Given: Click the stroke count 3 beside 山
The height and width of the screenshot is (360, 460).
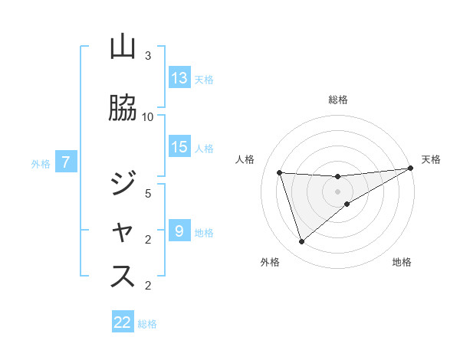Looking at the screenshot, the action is [x=148, y=56].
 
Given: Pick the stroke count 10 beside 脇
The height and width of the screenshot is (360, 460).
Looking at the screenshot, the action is [x=148, y=116].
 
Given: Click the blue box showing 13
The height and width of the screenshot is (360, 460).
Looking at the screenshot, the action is [x=179, y=78].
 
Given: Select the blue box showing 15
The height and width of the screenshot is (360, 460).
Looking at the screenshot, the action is [x=179, y=147].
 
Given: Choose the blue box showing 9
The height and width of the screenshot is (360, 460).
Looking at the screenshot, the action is [x=179, y=231].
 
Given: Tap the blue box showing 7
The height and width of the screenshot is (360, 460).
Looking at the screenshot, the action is [x=66, y=162].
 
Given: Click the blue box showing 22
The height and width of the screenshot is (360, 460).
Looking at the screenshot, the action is [x=123, y=322].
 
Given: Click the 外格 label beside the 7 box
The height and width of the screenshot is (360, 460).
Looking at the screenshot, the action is [x=41, y=163].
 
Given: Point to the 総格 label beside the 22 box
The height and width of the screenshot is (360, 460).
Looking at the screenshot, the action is [x=147, y=323].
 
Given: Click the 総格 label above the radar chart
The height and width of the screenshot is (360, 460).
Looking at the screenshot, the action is [x=338, y=100].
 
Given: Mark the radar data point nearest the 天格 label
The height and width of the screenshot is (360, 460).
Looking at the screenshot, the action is [x=411, y=169].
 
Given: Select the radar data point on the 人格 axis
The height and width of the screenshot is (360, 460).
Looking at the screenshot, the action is [x=280, y=172].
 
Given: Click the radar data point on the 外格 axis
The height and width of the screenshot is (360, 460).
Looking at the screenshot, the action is [x=301, y=242].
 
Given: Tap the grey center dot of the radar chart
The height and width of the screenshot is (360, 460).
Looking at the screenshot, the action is [x=338, y=191].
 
